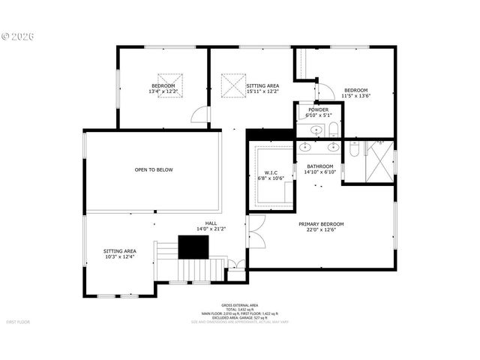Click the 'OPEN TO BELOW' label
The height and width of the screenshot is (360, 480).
click(x=154, y=169)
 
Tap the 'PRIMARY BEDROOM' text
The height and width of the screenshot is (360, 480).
click(x=321, y=224)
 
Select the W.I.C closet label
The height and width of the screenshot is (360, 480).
click(x=271, y=173)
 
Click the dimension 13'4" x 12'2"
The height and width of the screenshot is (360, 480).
click(x=163, y=91)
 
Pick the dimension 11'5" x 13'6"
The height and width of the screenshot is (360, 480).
click(x=356, y=95)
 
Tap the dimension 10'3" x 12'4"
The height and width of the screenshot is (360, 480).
click(x=120, y=257)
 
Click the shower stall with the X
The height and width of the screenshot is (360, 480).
click(x=379, y=160)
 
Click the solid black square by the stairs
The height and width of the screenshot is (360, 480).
click(x=190, y=247)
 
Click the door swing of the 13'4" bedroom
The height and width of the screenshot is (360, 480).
click(x=201, y=114)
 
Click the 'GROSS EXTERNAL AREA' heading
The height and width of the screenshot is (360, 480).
click(x=240, y=305)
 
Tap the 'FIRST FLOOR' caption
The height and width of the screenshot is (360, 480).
click(x=18, y=322)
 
